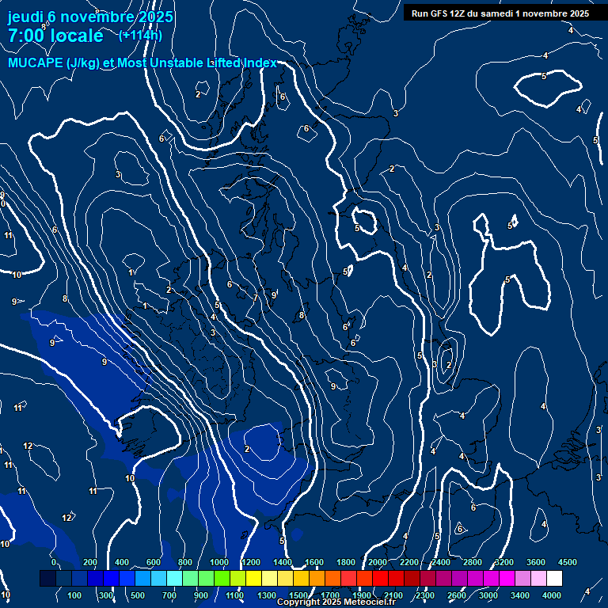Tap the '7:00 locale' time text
click(x=55, y=36)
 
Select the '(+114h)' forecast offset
click(x=140, y=35)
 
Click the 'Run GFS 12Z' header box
click(x=500, y=13)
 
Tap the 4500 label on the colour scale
click(x=568, y=561)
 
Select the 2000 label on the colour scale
click(x=377, y=561)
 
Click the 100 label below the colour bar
click(x=74, y=595)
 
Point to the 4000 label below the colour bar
click(x=552, y=595)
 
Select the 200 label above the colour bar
click(x=89, y=561)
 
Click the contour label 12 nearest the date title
click(x=28, y=446)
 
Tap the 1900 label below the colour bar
click(x=361, y=595)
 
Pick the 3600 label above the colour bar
click(x=536, y=561)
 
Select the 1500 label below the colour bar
click(x=298, y=595)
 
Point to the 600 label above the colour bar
click(x=153, y=561)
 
